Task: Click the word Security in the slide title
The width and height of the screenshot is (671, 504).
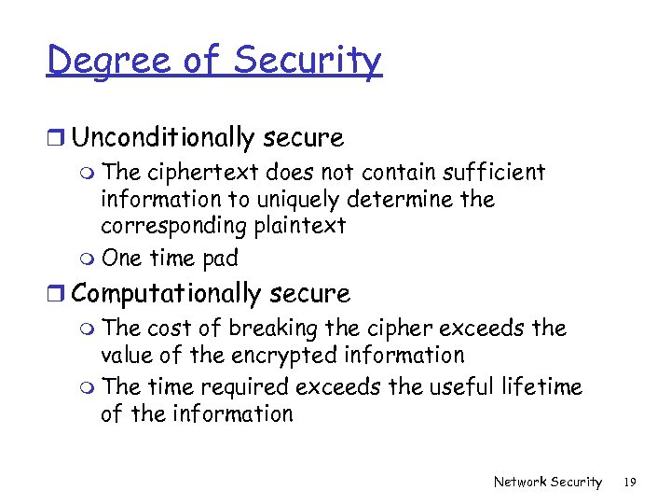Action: tap(308, 62)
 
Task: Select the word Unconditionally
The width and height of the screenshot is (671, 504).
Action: tap(163, 138)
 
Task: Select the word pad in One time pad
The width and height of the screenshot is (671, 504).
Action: tap(220, 258)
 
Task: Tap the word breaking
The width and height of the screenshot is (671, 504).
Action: tap(269, 329)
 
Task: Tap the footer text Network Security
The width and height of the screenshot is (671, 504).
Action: tap(548, 482)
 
